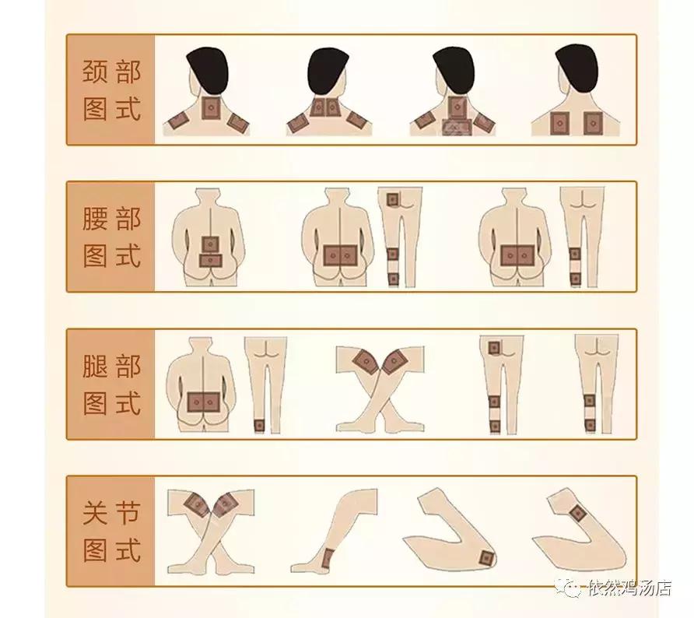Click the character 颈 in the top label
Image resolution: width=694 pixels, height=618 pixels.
95,72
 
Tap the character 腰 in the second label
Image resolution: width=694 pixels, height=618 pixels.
95,219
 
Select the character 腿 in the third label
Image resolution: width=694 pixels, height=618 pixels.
95,367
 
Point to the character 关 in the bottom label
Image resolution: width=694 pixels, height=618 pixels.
95,514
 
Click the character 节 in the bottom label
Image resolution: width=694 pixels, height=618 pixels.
128,514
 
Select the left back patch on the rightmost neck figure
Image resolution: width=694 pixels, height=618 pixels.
559,122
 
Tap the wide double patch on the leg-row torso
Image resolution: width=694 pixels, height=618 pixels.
205,402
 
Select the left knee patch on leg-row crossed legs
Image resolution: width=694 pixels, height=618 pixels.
364,362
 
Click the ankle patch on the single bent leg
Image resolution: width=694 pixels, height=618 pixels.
328,557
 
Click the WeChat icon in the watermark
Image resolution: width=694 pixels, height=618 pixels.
572,588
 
